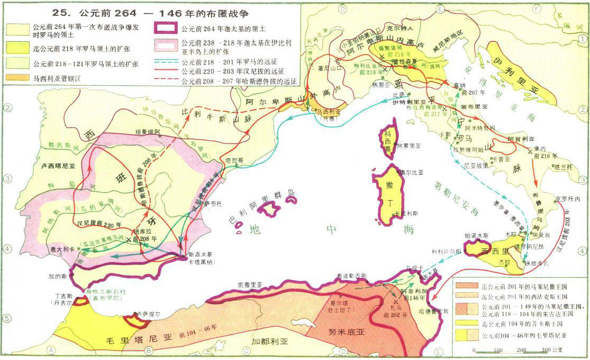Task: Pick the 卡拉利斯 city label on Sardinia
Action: pyautogui.click(x=400, y=213)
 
